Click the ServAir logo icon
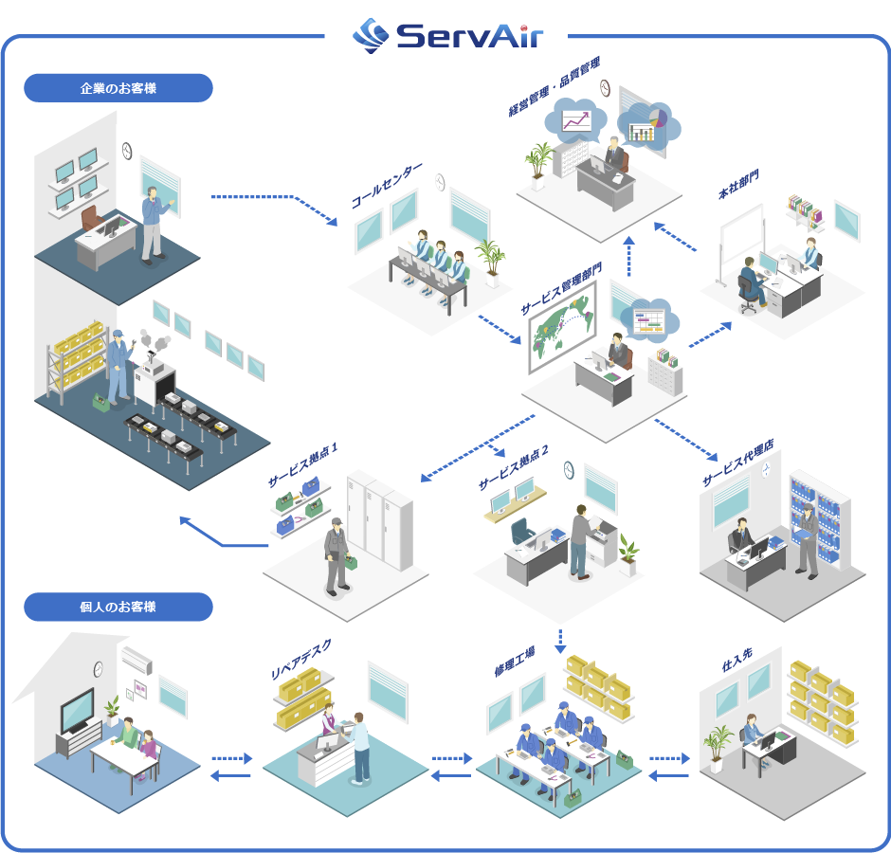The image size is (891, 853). pyautogui.click(x=371, y=34)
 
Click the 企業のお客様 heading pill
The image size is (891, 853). pyautogui.click(x=118, y=88)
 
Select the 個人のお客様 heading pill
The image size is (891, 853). pyautogui.click(x=118, y=607)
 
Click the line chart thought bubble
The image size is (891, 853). pyautogui.click(x=575, y=120)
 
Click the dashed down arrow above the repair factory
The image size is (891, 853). pyautogui.click(x=559, y=641)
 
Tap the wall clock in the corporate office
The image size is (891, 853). pyautogui.click(x=127, y=150)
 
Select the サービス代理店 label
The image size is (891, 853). pyautogui.click(x=737, y=463)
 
